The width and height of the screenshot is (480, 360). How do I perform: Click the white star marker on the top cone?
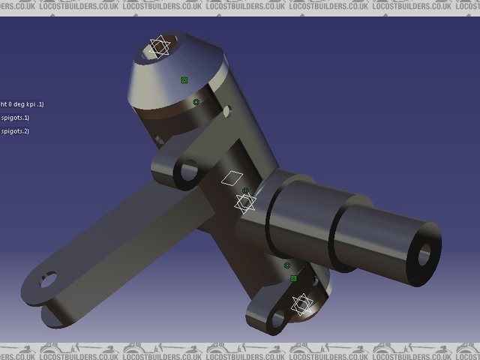[159, 46]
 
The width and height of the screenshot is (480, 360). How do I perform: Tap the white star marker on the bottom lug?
[301, 304]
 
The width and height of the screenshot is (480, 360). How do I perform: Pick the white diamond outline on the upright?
[234, 178]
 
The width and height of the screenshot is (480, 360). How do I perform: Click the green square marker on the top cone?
[184, 79]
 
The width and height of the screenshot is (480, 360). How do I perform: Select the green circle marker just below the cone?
[196, 102]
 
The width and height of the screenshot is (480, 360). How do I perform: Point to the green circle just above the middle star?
[245, 190]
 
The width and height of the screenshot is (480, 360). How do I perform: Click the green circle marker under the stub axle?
[286, 265]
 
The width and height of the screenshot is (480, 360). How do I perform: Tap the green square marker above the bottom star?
[293, 278]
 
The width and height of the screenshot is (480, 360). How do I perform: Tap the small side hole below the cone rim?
[227, 111]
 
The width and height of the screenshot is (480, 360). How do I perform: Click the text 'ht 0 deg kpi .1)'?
[22, 104]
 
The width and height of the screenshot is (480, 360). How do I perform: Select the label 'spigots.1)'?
[15, 118]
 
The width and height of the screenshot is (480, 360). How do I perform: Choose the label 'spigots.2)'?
[15, 131]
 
